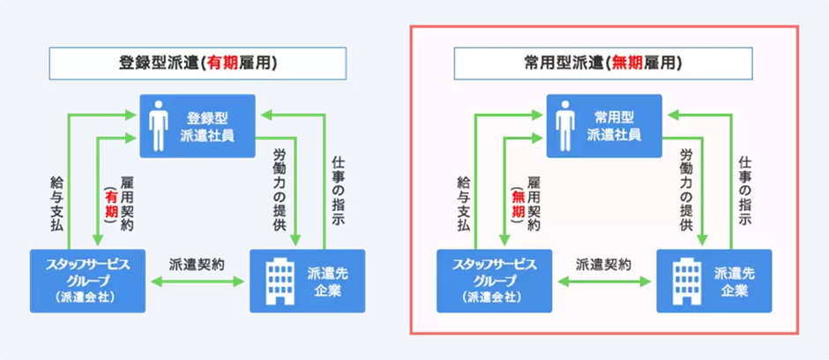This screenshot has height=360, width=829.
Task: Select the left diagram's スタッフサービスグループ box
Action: (86, 281)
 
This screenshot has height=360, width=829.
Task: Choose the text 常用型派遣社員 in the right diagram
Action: (617, 126)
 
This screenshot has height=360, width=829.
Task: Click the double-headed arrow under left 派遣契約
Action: (197, 282)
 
